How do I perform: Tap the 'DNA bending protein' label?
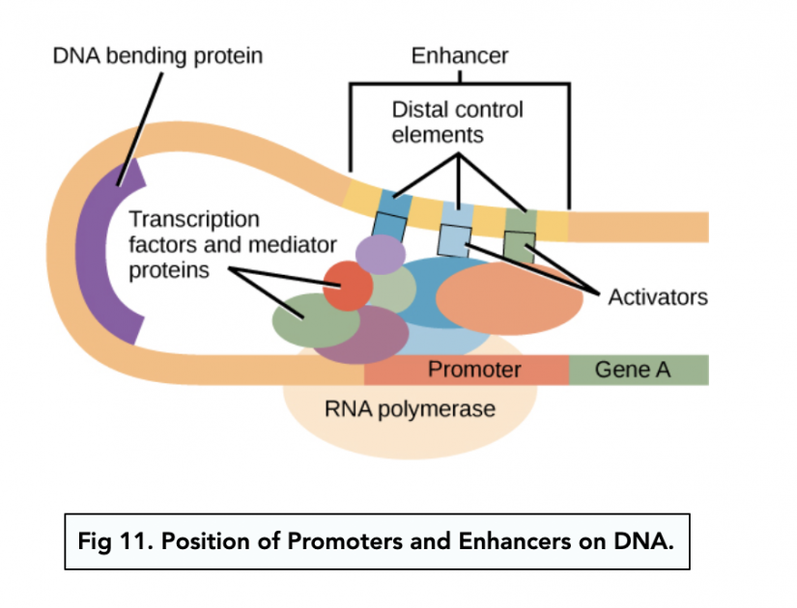(x=157, y=56)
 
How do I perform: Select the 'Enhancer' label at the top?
(x=459, y=56)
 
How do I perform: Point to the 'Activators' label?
(x=657, y=296)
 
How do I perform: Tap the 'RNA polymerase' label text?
(x=410, y=409)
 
